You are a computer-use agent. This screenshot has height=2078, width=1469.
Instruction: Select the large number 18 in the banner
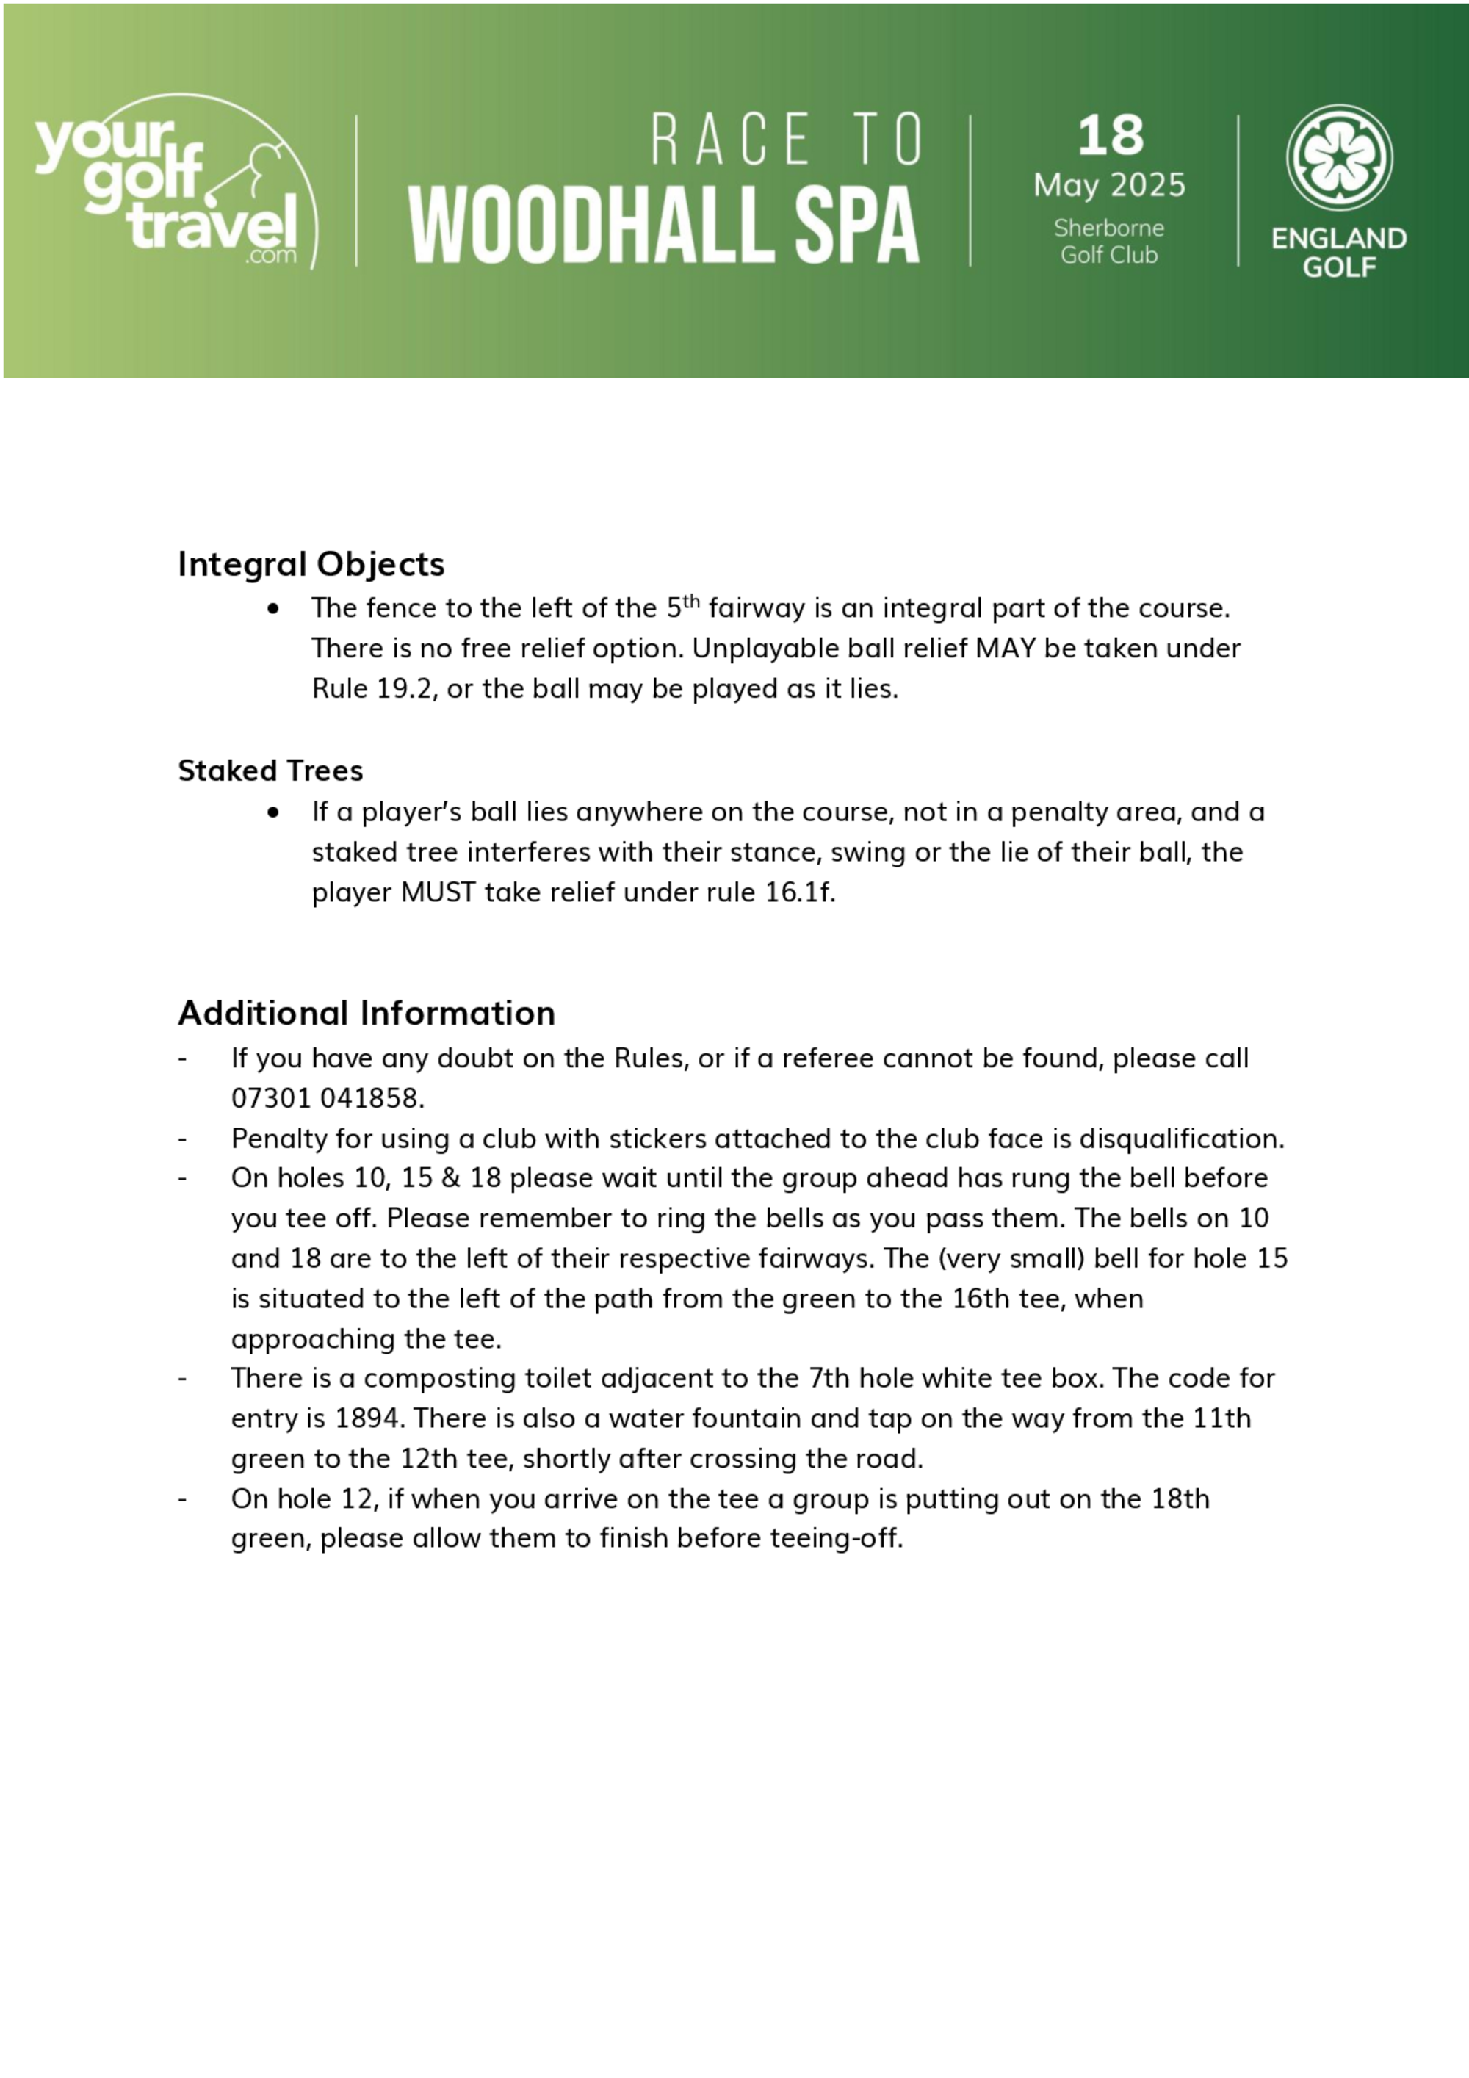click(1110, 136)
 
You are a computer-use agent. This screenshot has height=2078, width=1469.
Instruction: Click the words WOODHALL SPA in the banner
click(663, 226)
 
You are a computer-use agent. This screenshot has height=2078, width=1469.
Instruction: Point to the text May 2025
click(1109, 186)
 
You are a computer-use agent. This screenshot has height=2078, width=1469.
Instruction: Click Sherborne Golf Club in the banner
click(1109, 242)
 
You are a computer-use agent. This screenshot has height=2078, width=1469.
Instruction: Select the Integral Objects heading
click(311, 564)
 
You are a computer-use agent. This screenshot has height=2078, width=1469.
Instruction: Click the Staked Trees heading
click(270, 771)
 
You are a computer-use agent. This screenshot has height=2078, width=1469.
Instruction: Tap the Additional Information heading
click(366, 1013)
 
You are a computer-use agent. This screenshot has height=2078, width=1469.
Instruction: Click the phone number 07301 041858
click(327, 1098)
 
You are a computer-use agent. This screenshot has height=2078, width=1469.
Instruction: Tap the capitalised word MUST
click(438, 892)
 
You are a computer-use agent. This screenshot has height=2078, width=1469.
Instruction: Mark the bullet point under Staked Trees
click(273, 812)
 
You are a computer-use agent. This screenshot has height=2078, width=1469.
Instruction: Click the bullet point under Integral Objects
click(273, 609)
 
